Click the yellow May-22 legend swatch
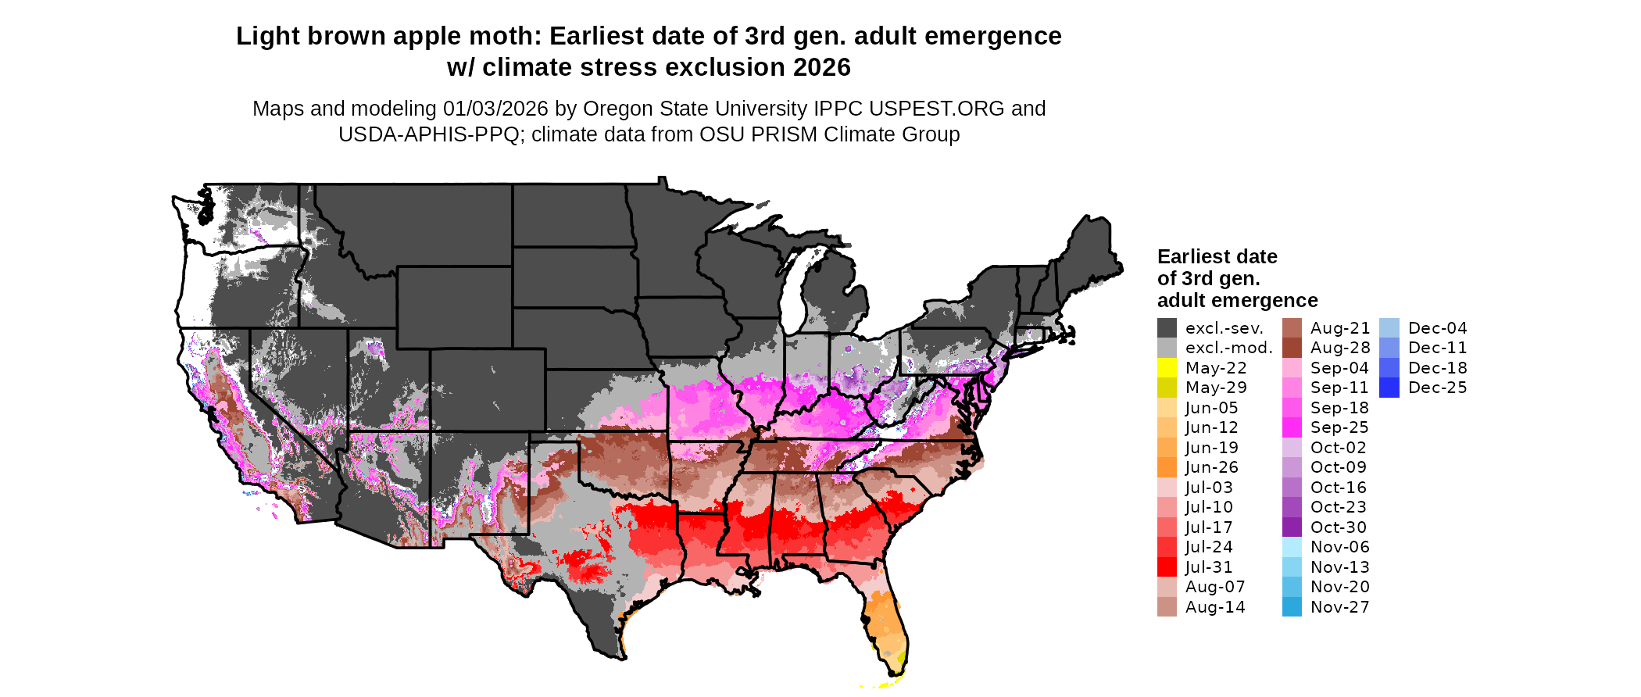point(1167,368)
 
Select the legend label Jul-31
point(1209,567)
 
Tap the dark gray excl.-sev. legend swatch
point(1167,328)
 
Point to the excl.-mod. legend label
point(1229,348)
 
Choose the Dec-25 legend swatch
point(1389,388)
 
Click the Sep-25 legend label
point(1339,427)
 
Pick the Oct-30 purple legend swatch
point(1292,527)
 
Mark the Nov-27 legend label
point(1339,607)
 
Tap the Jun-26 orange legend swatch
point(1167,467)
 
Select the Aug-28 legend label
point(1340,348)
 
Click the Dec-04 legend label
point(1437,328)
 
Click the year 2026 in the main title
point(821,67)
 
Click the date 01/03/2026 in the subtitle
point(495,109)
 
